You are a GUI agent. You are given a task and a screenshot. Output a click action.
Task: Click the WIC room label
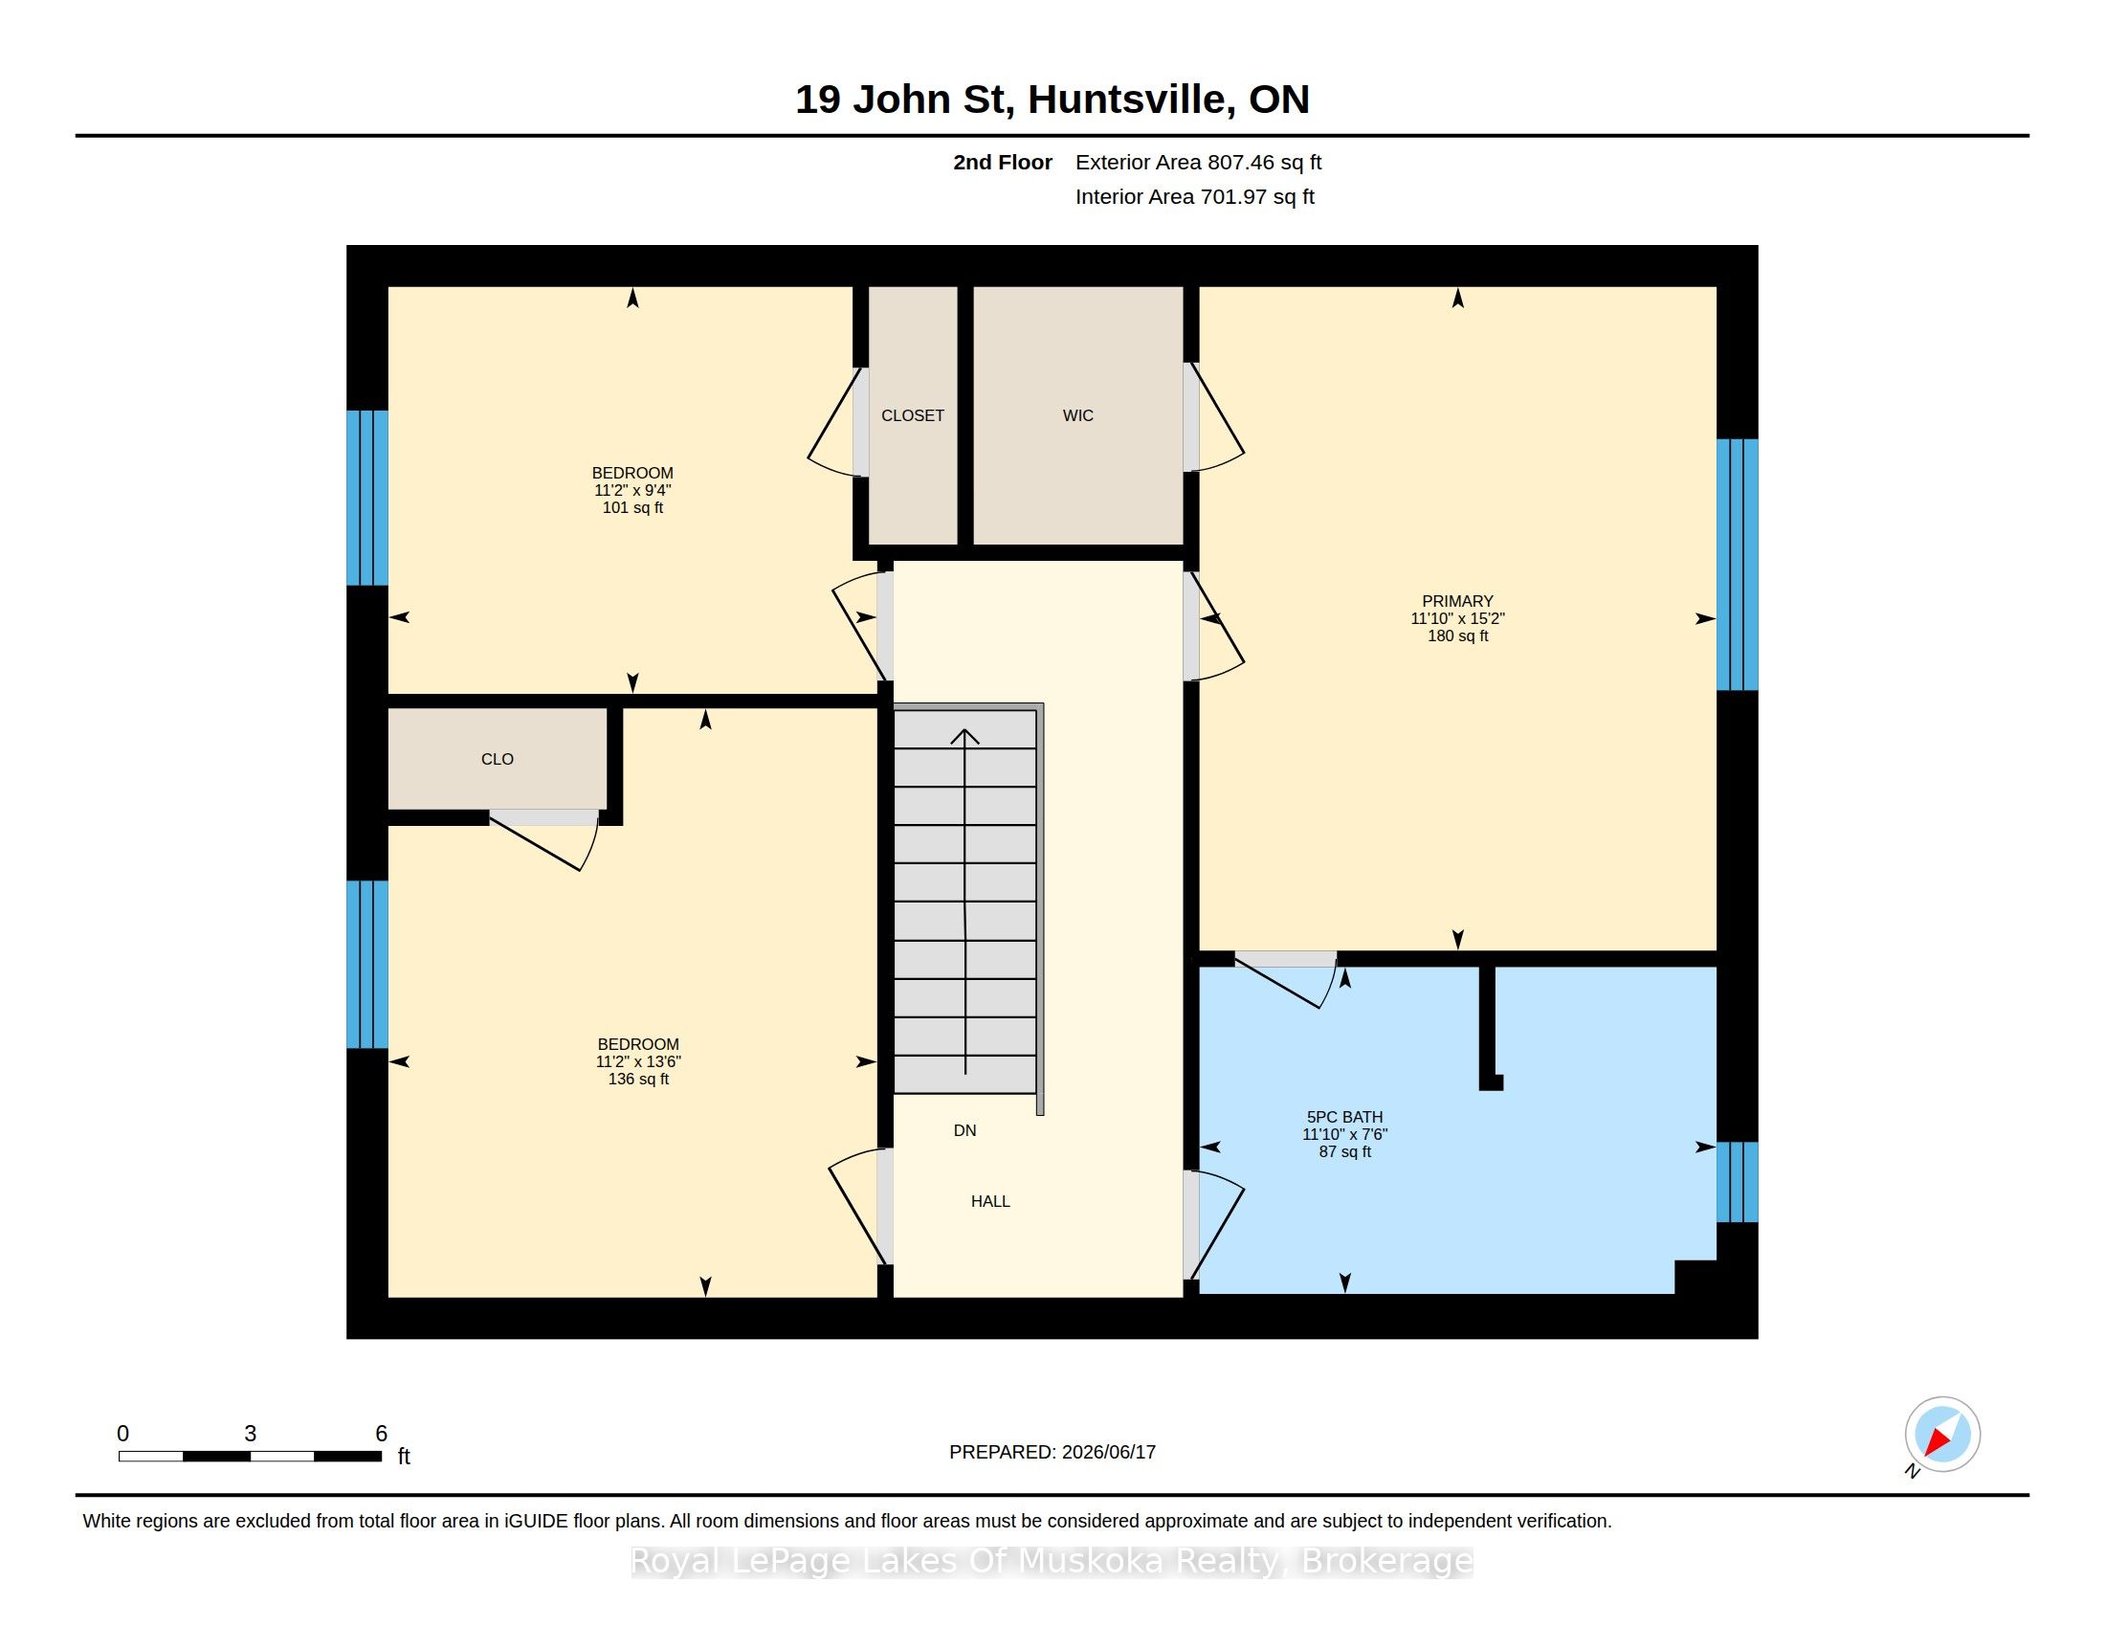pyautogui.click(x=1077, y=415)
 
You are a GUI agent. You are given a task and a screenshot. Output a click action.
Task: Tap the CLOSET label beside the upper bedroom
pyautogui.click(x=913, y=415)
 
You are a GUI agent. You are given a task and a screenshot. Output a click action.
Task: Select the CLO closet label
pyautogui.click(x=498, y=760)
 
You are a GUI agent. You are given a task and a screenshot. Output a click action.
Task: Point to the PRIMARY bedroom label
pyautogui.click(x=1457, y=601)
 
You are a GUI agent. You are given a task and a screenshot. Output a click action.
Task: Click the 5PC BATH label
pyautogui.click(x=1344, y=1118)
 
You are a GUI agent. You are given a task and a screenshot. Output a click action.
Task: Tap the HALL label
pyautogui.click(x=991, y=1201)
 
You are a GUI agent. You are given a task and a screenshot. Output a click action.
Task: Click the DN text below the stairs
pyautogui.click(x=964, y=1130)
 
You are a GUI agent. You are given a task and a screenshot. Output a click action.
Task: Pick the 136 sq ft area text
pyautogui.click(x=638, y=1080)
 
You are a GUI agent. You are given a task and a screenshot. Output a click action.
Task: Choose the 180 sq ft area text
pyautogui.click(x=1457, y=636)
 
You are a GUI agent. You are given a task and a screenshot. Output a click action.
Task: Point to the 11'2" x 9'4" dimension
pyautogui.click(x=632, y=491)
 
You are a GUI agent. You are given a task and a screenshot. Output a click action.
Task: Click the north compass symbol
pyautogui.click(x=1942, y=1435)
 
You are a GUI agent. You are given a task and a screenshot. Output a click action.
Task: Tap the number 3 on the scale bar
pyautogui.click(x=251, y=1434)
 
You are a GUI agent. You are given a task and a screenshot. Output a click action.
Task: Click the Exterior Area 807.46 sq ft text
pyautogui.click(x=1198, y=163)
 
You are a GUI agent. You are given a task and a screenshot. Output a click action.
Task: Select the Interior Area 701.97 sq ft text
pyautogui.click(x=1194, y=196)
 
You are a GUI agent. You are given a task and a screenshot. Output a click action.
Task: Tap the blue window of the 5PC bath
pyautogui.click(x=1738, y=1182)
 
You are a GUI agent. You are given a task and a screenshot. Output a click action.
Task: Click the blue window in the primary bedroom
pyautogui.click(x=1738, y=565)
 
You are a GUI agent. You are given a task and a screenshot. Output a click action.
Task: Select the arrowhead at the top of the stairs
pyautogui.click(x=964, y=736)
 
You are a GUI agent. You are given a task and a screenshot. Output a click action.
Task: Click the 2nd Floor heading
pyautogui.click(x=1003, y=163)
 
